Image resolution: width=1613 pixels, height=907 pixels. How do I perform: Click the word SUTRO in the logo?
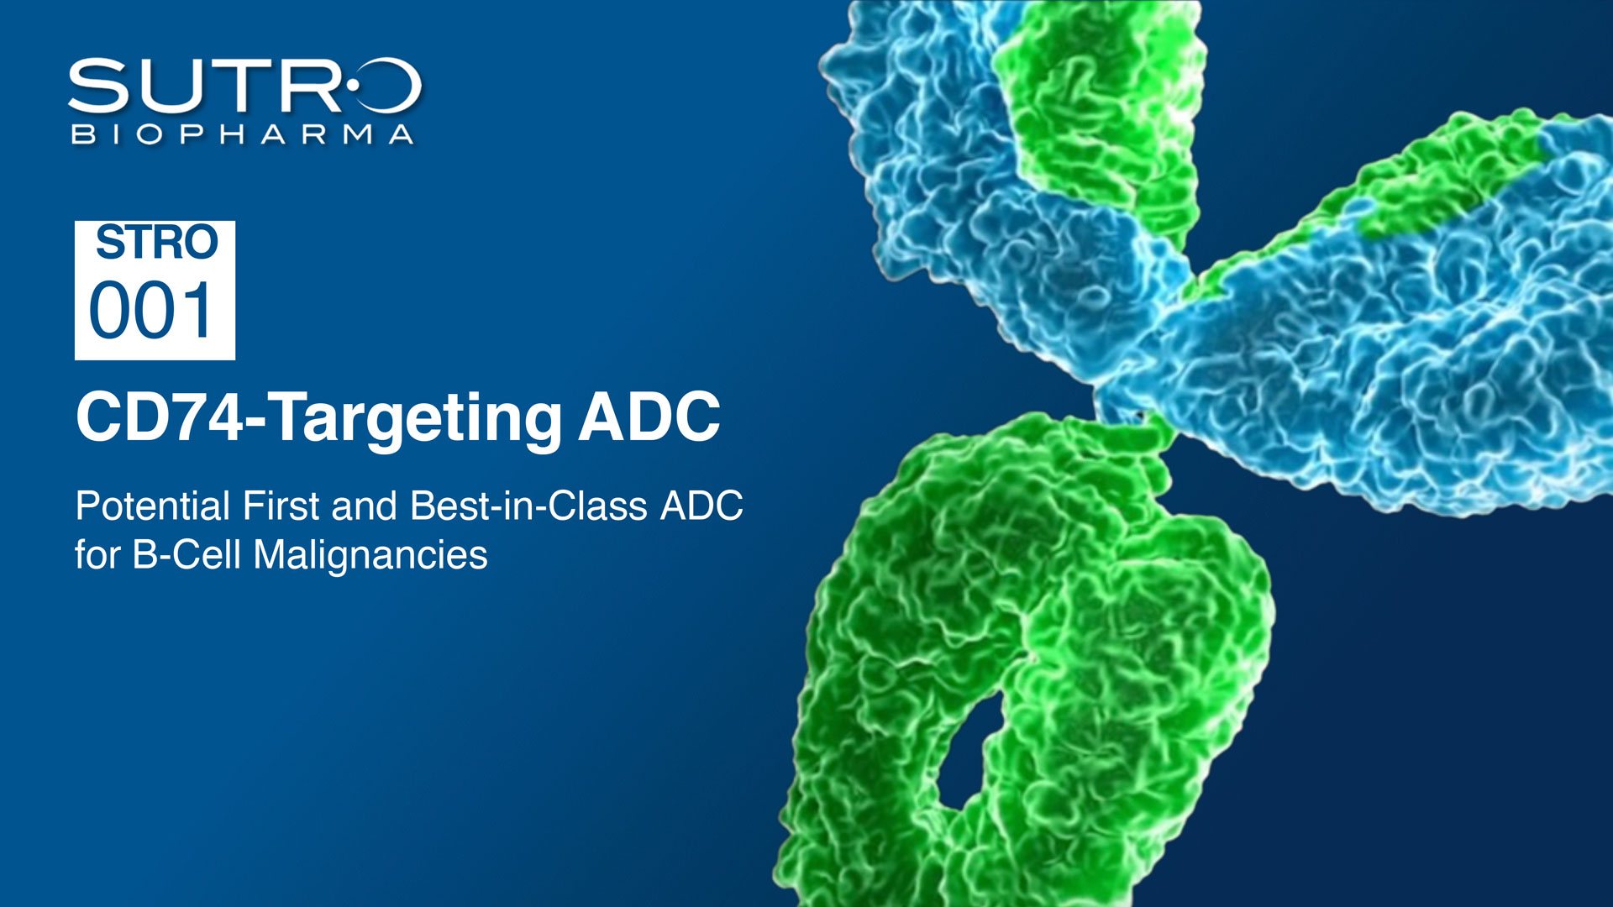tap(244, 86)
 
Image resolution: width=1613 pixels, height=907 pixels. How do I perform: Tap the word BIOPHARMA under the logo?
tap(243, 134)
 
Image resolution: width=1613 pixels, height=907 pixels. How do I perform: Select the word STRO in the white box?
tap(156, 243)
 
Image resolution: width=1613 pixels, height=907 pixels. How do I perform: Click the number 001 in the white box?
tap(151, 311)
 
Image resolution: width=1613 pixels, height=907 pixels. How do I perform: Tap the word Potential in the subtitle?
tap(153, 506)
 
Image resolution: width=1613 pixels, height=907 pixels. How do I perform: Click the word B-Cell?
tap(187, 554)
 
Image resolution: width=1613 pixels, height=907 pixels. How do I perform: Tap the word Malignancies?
tap(370, 556)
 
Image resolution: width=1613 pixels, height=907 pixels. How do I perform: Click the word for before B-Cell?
tap(97, 554)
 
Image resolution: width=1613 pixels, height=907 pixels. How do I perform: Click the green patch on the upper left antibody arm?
tap(1101, 109)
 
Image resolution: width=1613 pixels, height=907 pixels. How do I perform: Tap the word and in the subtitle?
tap(364, 506)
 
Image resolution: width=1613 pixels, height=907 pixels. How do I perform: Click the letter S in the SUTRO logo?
tap(98, 86)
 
